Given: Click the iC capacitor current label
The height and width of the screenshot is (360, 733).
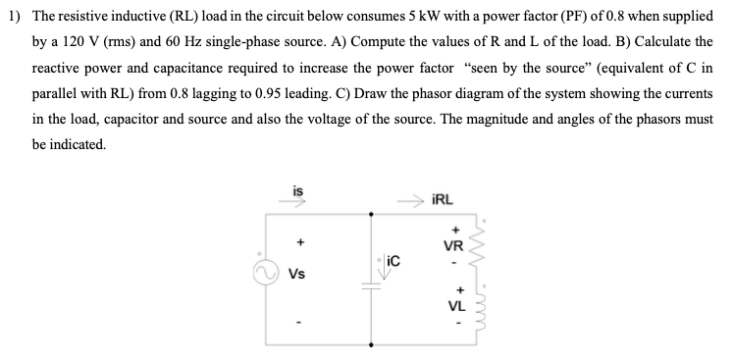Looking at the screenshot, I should [393, 262].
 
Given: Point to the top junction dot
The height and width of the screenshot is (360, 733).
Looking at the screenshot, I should [370, 212].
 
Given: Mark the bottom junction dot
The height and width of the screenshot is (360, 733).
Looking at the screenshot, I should [370, 344].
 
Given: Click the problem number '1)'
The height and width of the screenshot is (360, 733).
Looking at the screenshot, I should [13, 19].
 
